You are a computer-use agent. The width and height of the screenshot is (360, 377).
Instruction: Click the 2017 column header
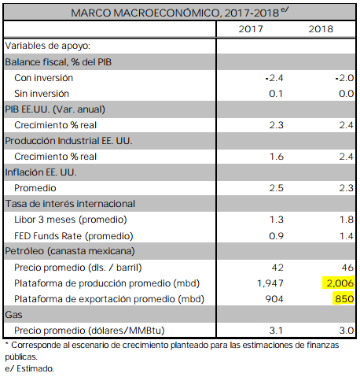(x=251, y=29)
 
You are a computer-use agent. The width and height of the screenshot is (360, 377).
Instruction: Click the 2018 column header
(x=321, y=29)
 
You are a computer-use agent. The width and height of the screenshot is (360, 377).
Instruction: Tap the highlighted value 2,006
(x=340, y=283)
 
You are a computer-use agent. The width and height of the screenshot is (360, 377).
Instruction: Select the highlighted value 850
(x=344, y=299)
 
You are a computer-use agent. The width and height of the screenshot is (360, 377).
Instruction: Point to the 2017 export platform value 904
(x=274, y=299)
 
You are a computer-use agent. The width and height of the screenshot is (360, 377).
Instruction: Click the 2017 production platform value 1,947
(x=270, y=283)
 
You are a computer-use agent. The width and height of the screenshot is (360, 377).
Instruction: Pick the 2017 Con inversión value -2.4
(x=274, y=78)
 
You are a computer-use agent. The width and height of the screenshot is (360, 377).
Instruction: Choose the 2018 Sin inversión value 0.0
(x=346, y=94)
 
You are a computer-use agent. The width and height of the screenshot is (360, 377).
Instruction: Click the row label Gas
(x=13, y=315)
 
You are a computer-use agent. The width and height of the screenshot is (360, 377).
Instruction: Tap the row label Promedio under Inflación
(x=35, y=188)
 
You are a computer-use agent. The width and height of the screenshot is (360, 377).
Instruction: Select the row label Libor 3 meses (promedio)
(x=71, y=220)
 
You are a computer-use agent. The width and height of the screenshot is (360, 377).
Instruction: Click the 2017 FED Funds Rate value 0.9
(x=276, y=236)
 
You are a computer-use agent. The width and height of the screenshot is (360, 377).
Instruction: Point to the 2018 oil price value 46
(x=347, y=268)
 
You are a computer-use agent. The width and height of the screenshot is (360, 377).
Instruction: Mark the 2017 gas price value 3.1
(x=276, y=331)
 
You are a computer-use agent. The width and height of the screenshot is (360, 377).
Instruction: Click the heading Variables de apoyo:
(x=48, y=46)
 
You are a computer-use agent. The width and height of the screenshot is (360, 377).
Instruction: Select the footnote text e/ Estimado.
(x=29, y=368)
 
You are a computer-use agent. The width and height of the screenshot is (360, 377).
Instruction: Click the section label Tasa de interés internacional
(x=70, y=204)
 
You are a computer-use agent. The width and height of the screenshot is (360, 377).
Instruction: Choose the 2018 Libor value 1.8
(x=347, y=220)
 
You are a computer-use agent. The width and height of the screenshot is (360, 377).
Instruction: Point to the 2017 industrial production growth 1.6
(x=277, y=157)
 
